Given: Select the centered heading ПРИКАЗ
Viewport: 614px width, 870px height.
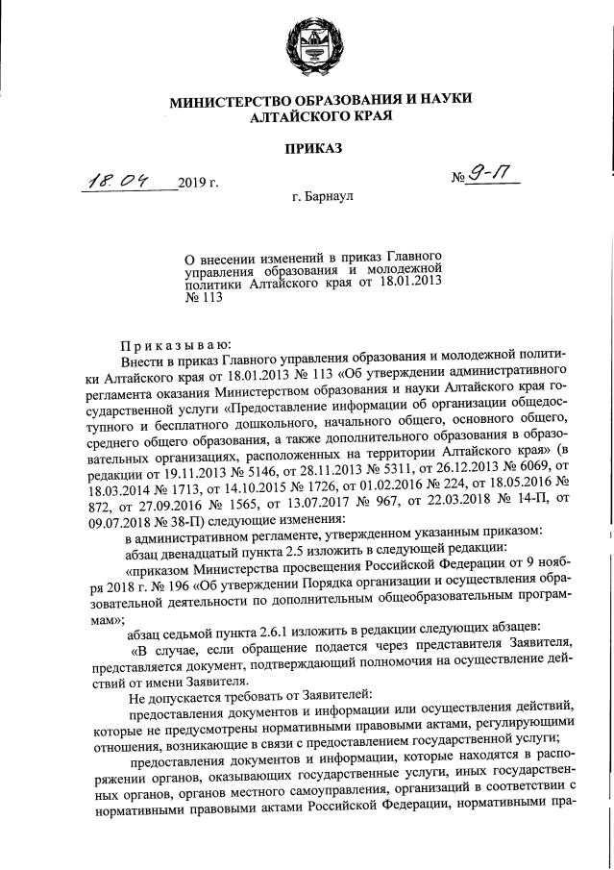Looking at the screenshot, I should [x=308, y=148].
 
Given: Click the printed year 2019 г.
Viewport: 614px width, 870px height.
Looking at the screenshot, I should [x=199, y=182].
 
